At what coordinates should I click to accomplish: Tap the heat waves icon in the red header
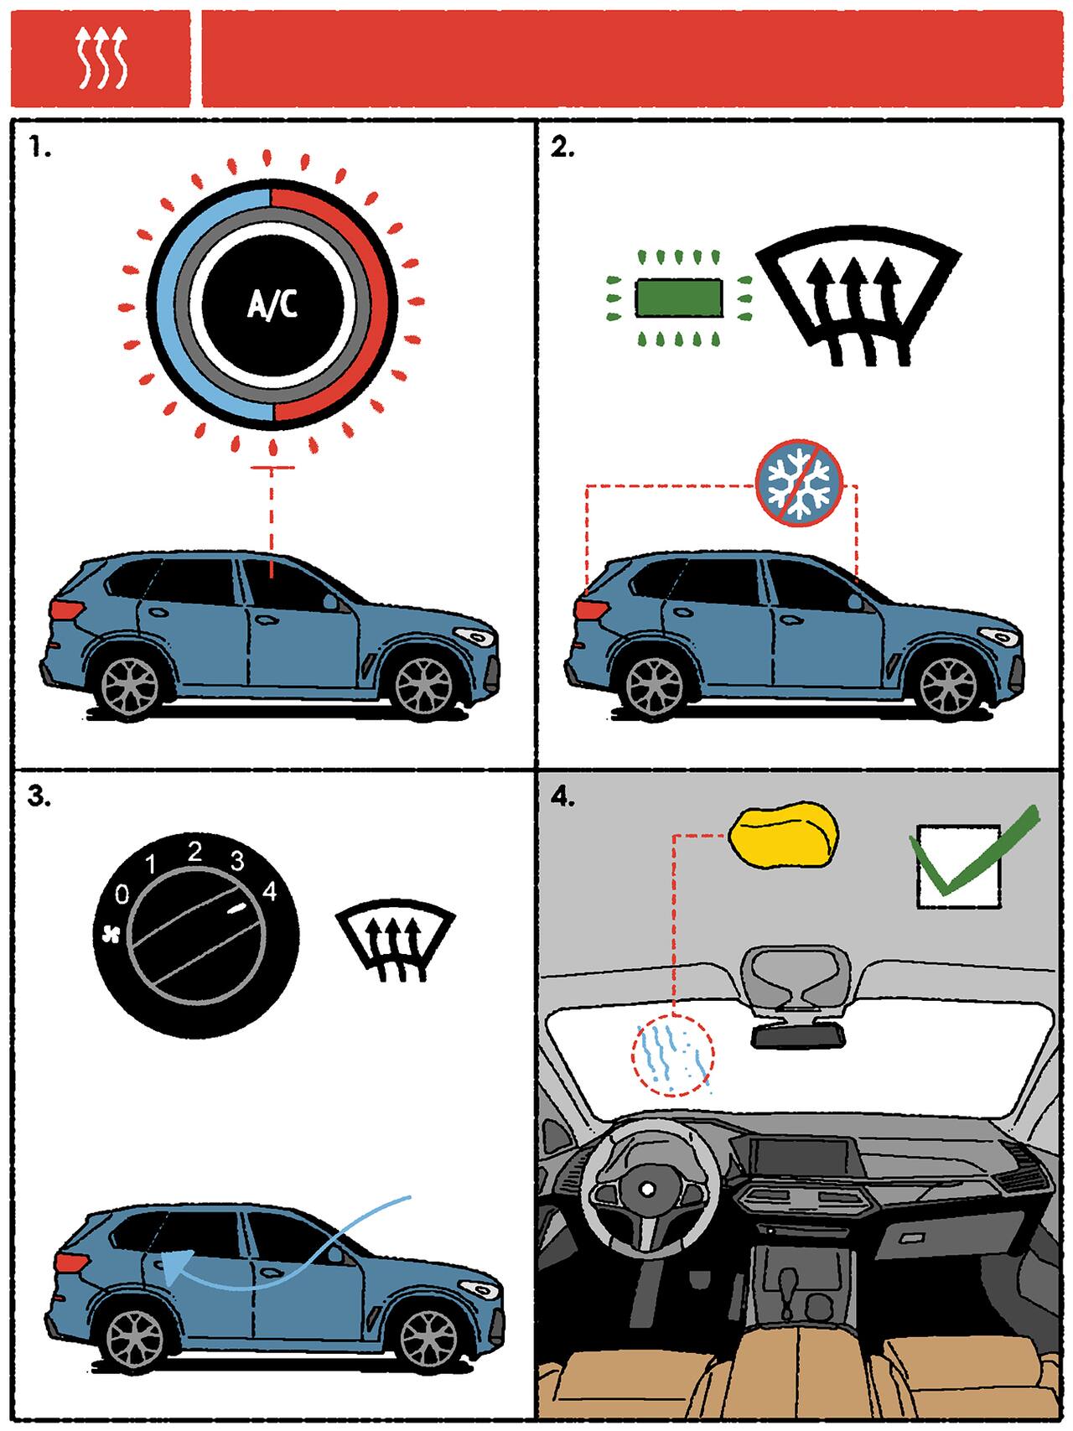point(100,57)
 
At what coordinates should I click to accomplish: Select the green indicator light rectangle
point(679,298)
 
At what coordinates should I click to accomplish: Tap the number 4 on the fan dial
point(268,889)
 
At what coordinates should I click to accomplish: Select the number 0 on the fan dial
point(122,896)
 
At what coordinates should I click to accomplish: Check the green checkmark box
point(959,865)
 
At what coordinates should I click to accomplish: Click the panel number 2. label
point(562,148)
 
